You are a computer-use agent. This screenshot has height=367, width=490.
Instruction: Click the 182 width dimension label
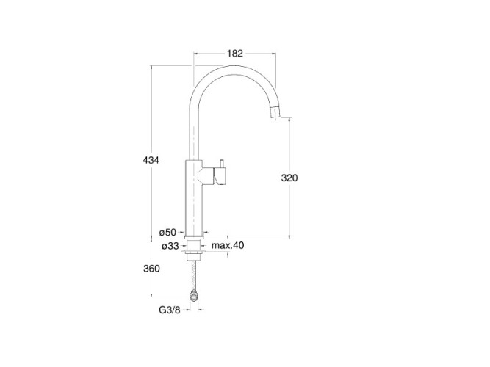pyautogui.click(x=234, y=54)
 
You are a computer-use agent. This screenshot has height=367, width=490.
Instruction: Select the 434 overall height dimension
pyautogui.click(x=151, y=160)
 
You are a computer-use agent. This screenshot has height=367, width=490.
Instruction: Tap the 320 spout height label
pyautogui.click(x=289, y=178)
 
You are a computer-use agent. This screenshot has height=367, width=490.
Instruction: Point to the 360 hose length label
pyautogui.click(x=151, y=269)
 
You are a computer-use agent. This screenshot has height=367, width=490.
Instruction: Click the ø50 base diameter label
pyautogui.click(x=167, y=233)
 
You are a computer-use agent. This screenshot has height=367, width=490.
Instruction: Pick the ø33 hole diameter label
pyautogui.click(x=170, y=246)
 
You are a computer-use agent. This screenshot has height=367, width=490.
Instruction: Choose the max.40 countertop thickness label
pyautogui.click(x=228, y=245)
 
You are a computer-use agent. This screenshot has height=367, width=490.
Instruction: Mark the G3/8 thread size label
pyautogui.click(x=170, y=310)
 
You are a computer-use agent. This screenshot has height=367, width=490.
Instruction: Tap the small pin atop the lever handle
pyautogui.click(x=222, y=164)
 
